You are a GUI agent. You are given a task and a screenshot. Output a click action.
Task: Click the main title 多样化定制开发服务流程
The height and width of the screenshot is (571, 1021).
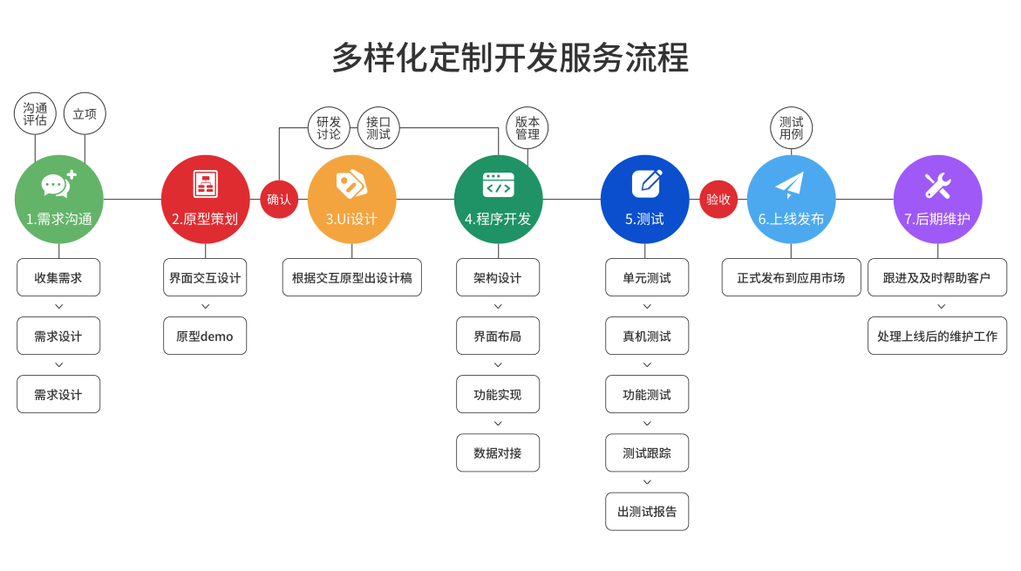pos(510,58)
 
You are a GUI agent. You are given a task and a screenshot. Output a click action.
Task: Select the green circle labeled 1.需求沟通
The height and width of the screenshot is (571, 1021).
pos(59,200)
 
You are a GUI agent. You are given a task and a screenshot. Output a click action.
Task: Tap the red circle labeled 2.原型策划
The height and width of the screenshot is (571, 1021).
pos(205,200)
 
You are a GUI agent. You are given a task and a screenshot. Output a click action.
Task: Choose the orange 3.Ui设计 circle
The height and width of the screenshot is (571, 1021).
pos(351,200)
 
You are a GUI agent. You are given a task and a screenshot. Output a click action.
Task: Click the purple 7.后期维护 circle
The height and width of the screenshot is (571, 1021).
pos(937,200)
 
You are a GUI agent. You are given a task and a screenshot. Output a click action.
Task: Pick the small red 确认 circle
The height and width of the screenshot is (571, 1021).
pos(279,200)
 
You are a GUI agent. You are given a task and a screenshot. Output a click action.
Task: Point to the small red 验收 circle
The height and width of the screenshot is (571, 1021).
pos(718,200)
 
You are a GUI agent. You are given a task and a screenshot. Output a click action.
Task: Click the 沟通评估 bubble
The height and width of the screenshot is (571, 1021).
pos(36,114)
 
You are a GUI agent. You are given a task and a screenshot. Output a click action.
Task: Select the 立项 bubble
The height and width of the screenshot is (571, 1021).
pos(85,114)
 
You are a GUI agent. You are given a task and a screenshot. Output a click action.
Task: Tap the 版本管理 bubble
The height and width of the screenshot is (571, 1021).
pos(528,128)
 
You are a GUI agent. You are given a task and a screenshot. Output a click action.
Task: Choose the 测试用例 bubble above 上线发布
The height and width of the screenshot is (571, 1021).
pos(792,128)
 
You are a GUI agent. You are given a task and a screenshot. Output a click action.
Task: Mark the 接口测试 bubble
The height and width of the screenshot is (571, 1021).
pos(378,128)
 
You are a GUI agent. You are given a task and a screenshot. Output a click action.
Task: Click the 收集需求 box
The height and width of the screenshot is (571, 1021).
pos(58,278)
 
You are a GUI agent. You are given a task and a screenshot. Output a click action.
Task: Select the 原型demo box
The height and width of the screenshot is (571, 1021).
pos(205,336)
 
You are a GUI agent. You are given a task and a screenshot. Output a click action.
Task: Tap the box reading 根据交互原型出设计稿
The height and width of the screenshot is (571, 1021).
pos(352,278)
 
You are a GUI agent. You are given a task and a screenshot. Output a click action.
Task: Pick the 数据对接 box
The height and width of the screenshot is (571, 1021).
pos(498,453)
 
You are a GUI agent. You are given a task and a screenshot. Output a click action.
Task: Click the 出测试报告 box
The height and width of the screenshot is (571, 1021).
pos(647,512)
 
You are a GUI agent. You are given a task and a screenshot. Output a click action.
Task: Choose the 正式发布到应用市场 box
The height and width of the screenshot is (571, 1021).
pos(791,278)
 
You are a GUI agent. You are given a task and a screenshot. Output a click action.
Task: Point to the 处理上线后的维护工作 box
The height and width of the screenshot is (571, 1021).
pos(937,336)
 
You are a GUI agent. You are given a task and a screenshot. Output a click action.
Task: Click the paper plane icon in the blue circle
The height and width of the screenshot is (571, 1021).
pos(790,185)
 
